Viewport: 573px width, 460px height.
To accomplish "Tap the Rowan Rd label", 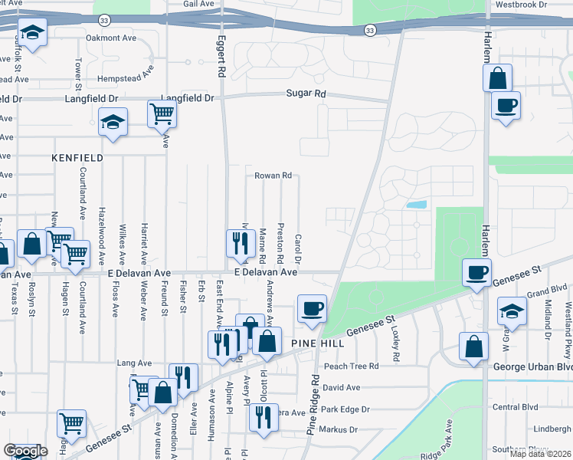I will click(273, 176).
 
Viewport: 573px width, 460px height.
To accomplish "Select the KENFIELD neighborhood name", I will click(77, 157).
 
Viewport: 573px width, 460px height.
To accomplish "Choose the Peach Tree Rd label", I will click(351, 366).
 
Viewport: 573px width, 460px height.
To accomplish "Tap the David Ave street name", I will click(342, 388).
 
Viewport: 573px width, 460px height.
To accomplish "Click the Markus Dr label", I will click(338, 429).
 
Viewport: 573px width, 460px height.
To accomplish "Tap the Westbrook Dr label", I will click(521, 5).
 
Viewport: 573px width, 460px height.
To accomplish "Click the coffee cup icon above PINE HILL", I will click(312, 309).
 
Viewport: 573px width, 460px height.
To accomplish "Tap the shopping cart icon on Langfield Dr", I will click(162, 115).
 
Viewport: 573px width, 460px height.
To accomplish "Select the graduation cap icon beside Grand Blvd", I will click(511, 311).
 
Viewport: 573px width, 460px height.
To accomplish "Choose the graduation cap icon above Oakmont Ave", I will click(33, 33).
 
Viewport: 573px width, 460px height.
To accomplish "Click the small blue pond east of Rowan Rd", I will click(417, 205).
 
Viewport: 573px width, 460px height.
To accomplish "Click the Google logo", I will click(25, 452).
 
